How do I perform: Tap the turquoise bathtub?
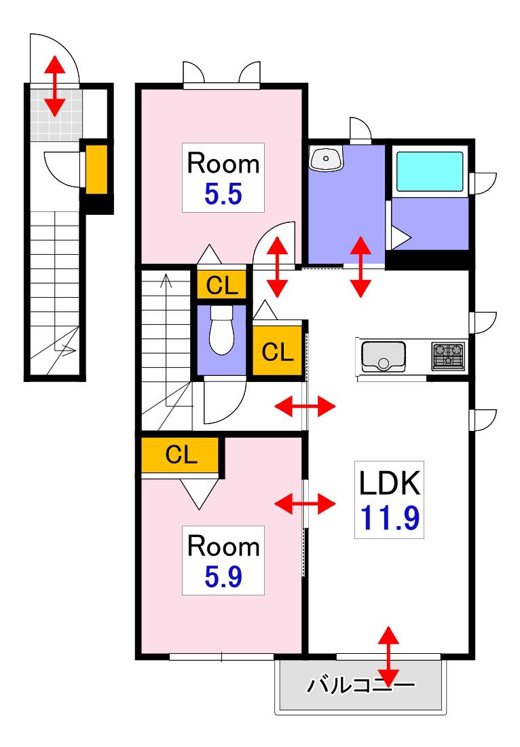pos(430,171)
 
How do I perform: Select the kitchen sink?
pos(384,356)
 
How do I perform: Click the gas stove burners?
pos(448,356)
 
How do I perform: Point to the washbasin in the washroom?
pos(326,158)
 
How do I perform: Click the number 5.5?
pos(223,194)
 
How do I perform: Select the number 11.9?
pos(390,519)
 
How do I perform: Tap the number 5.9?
pos(223,577)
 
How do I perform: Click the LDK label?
pos(390,483)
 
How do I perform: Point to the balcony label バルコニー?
pos(360,686)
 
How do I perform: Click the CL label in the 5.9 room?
pos(181,455)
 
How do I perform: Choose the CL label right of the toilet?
pos(278,352)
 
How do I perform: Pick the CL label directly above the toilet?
pos(222,286)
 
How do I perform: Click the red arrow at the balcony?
pos(389,657)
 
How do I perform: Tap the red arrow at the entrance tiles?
pos(55,86)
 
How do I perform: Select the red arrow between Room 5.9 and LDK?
pos(305,504)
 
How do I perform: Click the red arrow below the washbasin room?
pos(360,266)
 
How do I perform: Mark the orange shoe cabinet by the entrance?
pos(96,170)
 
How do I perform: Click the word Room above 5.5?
pos(223,163)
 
